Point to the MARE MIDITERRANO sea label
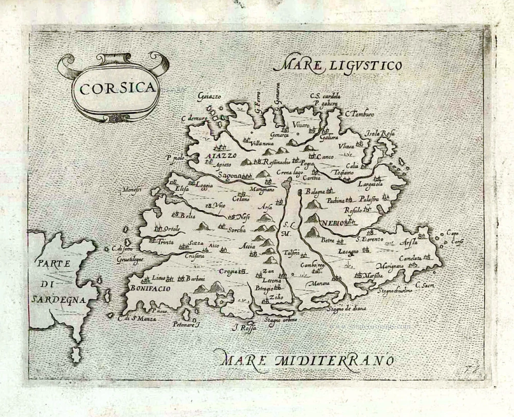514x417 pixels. coord(305,358)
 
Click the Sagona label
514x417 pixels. coord(229,175)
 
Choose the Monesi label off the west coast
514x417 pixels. coord(132,190)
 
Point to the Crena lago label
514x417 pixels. coord(290,173)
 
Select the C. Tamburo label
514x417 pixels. coord(359,113)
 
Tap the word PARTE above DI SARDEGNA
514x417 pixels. coord(53,263)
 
